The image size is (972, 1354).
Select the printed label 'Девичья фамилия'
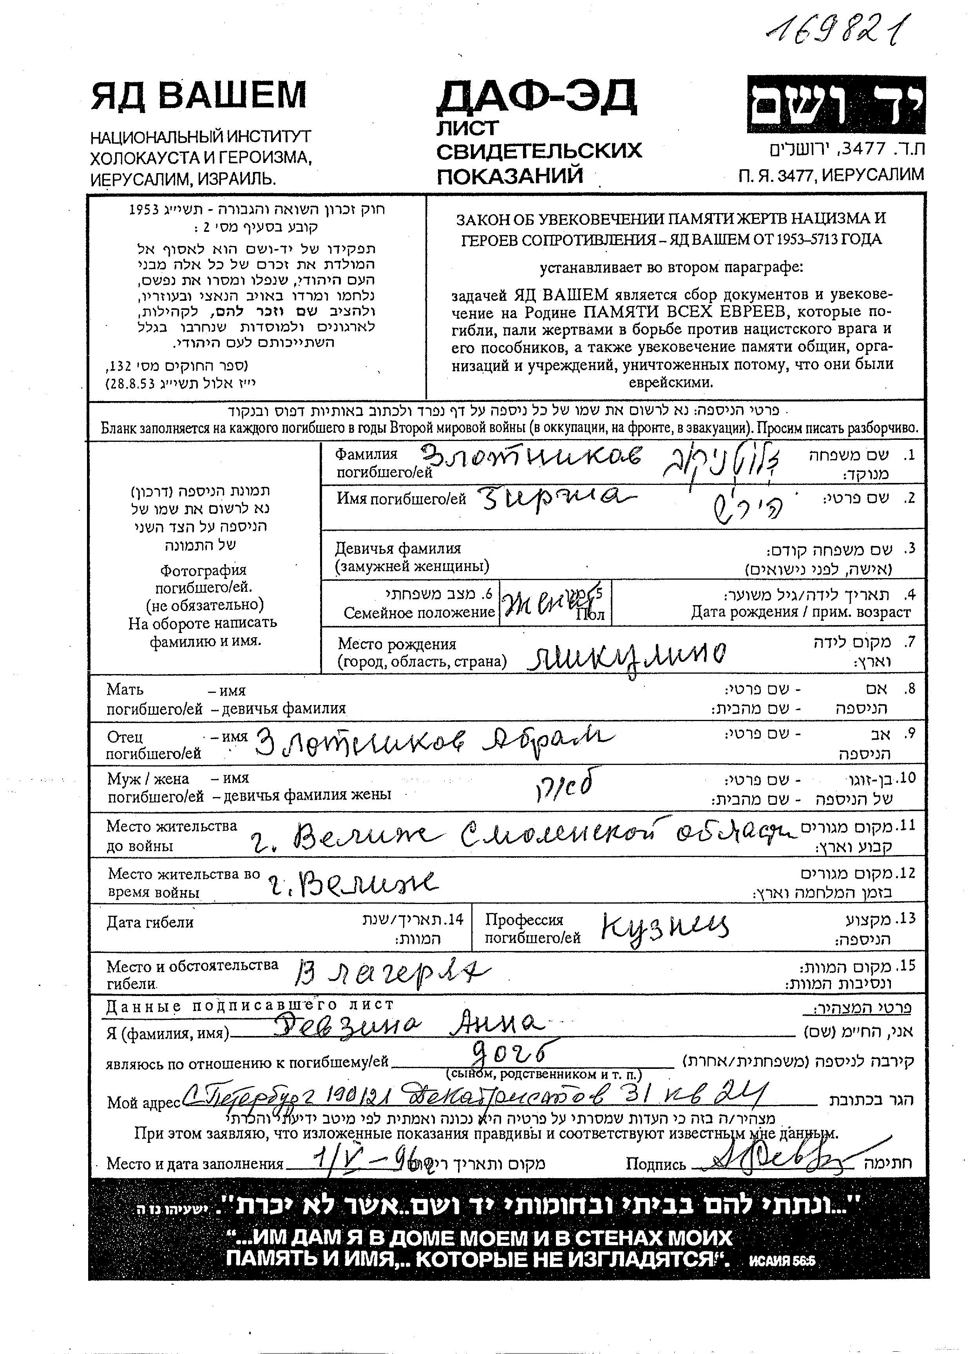pyautogui.click(x=398, y=548)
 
